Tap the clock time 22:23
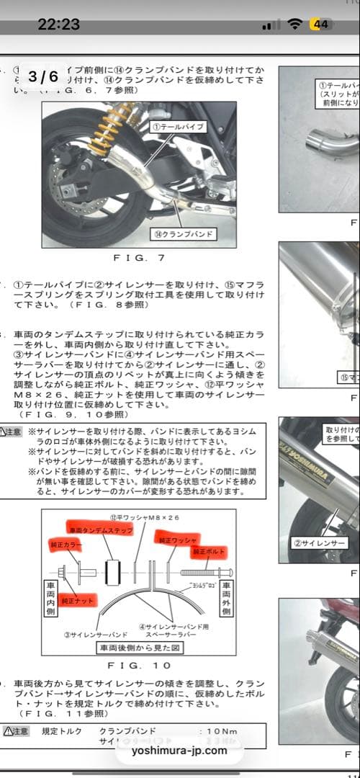tap(59, 24)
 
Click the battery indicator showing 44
tap(321, 24)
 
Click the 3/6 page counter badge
tap(44, 76)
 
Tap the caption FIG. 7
tap(140, 257)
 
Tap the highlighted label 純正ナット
tap(78, 599)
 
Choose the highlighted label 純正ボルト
tap(209, 551)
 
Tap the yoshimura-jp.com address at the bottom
tap(180, 750)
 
